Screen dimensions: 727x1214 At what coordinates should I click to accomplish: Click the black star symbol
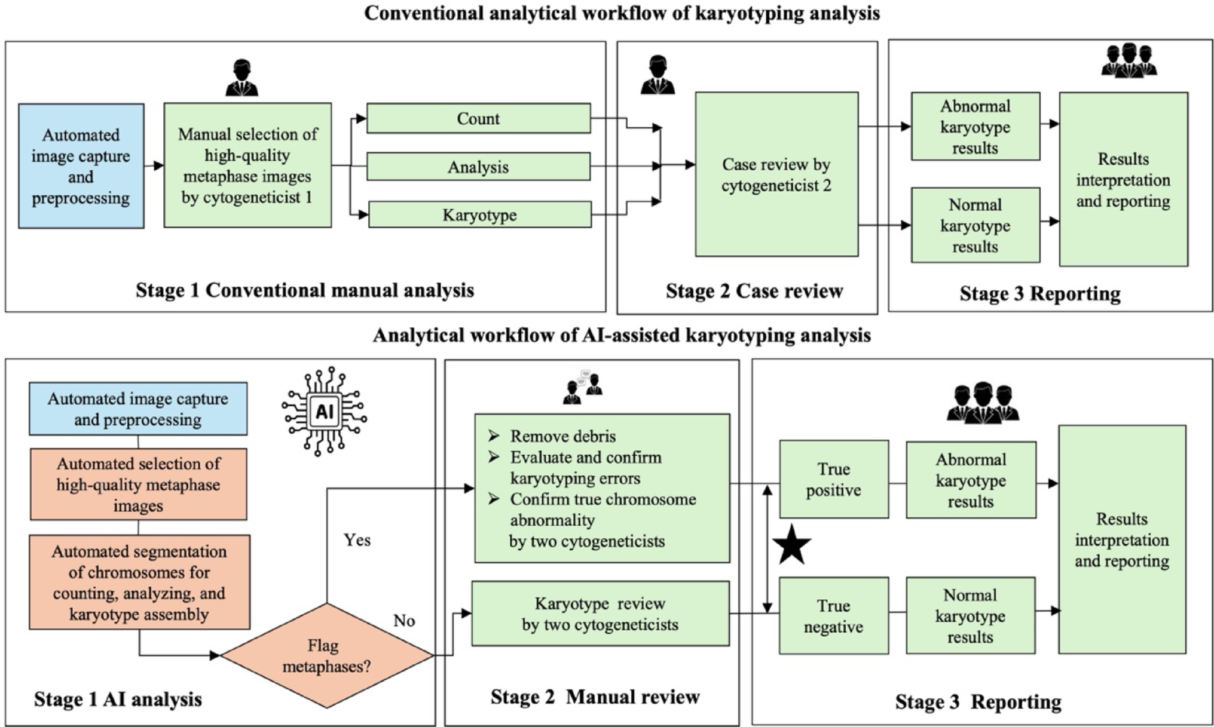click(791, 545)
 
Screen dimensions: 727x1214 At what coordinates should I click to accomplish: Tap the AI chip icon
click(324, 412)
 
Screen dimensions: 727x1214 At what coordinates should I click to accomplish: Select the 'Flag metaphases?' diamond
click(326, 655)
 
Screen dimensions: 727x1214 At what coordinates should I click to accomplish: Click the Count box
click(478, 118)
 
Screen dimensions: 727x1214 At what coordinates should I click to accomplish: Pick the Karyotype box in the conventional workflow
click(479, 215)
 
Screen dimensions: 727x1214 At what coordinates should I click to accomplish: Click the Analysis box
click(478, 167)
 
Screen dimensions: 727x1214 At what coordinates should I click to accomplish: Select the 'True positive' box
click(833, 479)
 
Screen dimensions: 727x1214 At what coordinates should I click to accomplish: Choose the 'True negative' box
click(833, 616)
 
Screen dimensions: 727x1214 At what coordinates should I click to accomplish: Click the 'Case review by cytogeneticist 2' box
click(776, 174)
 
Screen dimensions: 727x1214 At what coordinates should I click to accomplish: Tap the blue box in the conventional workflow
click(81, 166)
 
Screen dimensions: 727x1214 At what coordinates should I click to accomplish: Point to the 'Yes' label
click(357, 540)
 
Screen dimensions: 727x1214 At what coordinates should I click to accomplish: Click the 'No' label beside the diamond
click(404, 621)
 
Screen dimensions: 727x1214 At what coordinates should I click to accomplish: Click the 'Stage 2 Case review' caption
click(754, 291)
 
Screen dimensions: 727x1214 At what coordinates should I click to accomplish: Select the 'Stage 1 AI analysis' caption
click(118, 699)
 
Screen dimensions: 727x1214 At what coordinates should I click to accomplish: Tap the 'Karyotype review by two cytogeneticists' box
click(600, 613)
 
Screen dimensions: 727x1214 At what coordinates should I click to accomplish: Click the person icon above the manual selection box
click(241, 78)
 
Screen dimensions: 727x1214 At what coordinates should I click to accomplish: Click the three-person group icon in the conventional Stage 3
click(1129, 60)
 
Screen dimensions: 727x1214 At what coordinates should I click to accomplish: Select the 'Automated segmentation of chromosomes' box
click(139, 582)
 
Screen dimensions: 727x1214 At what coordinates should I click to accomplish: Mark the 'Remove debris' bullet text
click(562, 436)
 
